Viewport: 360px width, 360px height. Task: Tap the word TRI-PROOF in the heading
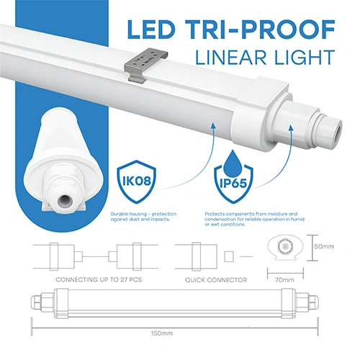coord(263,31)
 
